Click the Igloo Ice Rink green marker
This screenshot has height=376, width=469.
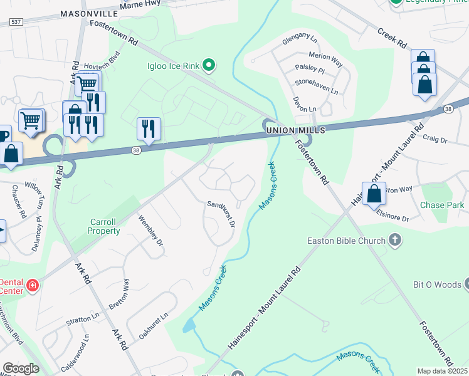(x=210, y=65)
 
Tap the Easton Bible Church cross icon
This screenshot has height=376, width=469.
(x=395, y=239)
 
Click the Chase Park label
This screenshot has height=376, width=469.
(x=442, y=205)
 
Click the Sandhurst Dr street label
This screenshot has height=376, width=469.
(x=221, y=214)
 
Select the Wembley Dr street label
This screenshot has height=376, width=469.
(x=150, y=230)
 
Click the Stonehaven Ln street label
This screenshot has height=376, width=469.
(x=317, y=86)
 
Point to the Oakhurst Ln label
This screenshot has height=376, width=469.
(x=154, y=326)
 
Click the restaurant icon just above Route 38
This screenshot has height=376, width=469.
(x=149, y=128)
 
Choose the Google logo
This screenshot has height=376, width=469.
(x=21, y=368)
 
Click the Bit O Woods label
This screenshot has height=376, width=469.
(x=438, y=285)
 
